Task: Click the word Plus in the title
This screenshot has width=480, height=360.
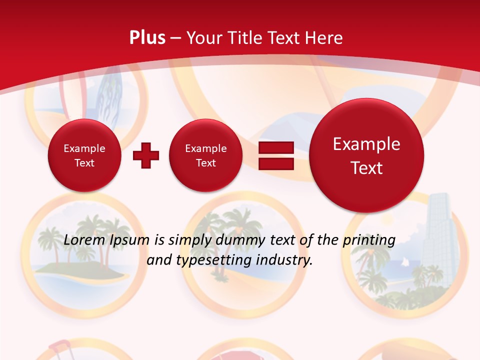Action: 147,38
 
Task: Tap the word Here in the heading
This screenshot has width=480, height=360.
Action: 324,38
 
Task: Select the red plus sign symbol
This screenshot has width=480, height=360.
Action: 146,155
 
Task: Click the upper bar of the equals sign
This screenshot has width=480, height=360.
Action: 276,147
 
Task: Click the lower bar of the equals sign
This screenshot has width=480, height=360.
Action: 276,163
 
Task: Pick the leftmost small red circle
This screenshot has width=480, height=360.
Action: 84,155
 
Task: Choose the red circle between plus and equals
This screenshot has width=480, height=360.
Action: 205,155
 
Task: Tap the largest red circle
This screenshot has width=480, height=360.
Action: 366,155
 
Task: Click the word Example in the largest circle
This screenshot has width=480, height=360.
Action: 366,144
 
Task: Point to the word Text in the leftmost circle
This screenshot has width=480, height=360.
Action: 84,163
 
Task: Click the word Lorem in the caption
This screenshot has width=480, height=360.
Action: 81,240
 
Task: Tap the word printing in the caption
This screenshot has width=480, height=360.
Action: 369,240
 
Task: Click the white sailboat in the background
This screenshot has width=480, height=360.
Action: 405,262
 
